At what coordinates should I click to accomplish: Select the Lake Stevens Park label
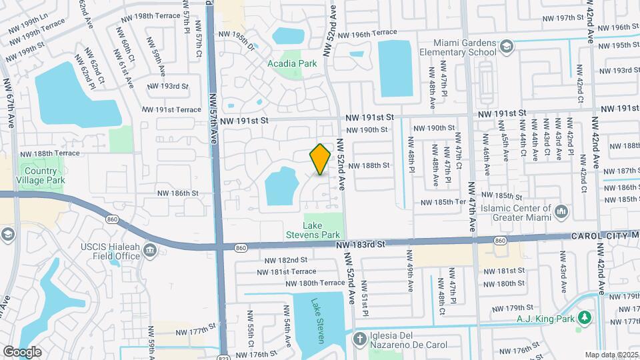(x=322, y=230)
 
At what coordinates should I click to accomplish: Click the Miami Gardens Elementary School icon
(x=507, y=46)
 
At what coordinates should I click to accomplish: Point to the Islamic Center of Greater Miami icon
(x=561, y=213)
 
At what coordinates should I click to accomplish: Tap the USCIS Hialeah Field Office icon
(x=150, y=251)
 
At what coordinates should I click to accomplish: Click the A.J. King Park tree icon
(x=585, y=317)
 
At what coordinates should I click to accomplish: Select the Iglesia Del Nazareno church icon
(x=359, y=338)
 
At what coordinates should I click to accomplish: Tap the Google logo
(x=22, y=351)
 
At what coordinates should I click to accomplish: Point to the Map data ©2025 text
(x=611, y=355)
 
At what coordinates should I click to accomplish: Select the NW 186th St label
(x=178, y=193)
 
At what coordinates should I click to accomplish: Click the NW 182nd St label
(x=285, y=260)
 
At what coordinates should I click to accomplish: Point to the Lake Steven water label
(x=318, y=321)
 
